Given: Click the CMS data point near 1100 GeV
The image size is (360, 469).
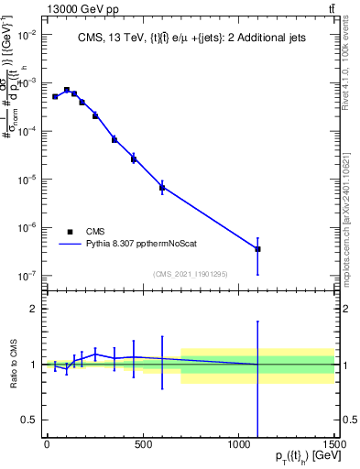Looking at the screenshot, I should (x=258, y=248).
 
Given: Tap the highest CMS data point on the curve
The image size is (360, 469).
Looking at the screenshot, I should (x=67, y=90).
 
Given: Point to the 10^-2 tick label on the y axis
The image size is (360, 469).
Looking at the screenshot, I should (x=27, y=35).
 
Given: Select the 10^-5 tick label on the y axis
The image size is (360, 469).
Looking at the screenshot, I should (x=27, y=179).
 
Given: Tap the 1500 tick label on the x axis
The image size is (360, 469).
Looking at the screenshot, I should (x=334, y=444).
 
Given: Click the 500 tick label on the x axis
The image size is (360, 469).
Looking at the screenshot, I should (x=143, y=444).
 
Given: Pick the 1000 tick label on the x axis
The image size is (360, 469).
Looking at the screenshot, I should (x=238, y=444).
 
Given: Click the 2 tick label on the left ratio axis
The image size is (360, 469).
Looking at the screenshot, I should (x=32, y=309).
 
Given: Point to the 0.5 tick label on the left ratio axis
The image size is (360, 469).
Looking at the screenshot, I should (x=28, y=420).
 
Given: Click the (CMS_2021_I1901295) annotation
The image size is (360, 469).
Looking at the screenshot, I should (x=190, y=273).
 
